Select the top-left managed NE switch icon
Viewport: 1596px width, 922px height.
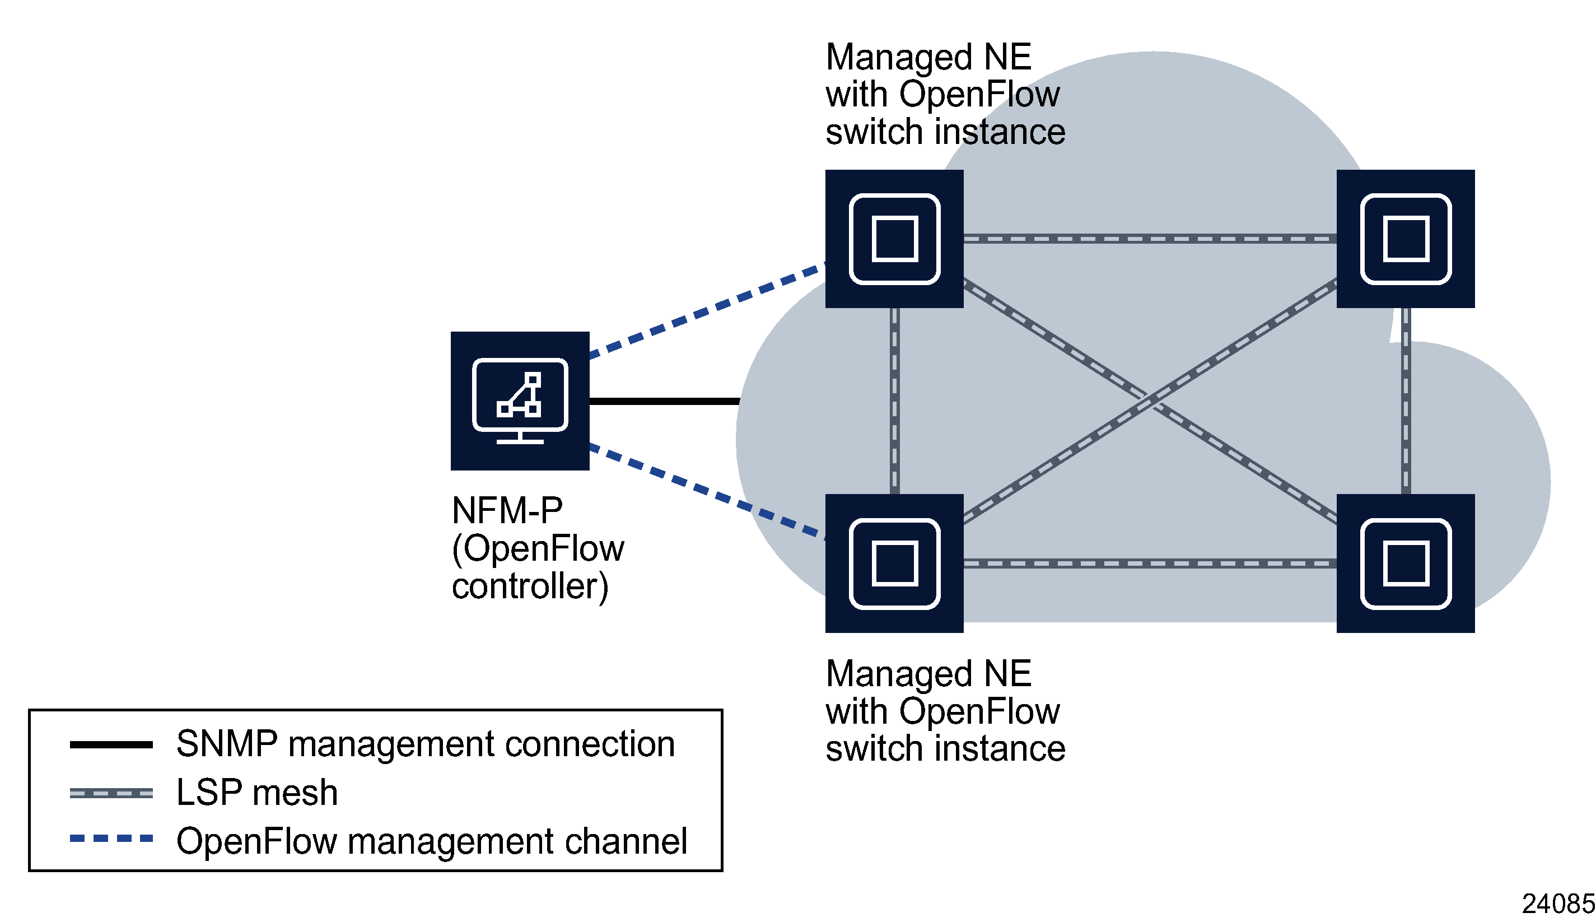pyautogui.click(x=893, y=239)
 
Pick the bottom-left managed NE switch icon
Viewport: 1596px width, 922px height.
pyautogui.click(x=893, y=563)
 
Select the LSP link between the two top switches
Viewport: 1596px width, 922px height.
pyautogui.click(x=1149, y=239)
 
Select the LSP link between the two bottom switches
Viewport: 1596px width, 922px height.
pyautogui.click(x=1149, y=563)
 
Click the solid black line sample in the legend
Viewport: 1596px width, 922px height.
pyautogui.click(x=111, y=744)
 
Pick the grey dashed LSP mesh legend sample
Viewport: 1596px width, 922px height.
pyautogui.click(x=111, y=792)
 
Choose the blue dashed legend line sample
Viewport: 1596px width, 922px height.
pyautogui.click(x=111, y=839)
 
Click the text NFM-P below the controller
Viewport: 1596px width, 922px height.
pyautogui.click(x=506, y=510)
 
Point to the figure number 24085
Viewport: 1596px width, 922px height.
pyautogui.click(x=1557, y=904)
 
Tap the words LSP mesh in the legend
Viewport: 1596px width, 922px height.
pyautogui.click(x=256, y=792)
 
